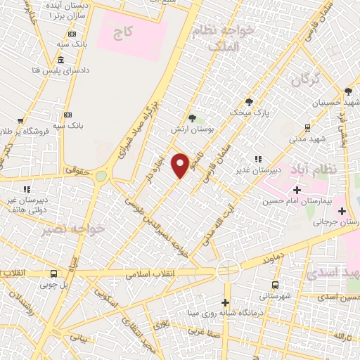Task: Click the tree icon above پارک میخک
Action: click(249, 101)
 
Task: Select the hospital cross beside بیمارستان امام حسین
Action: click(297, 190)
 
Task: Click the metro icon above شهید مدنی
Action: click(307, 127)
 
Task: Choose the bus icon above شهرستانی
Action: click(274, 285)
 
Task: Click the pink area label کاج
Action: click(124, 33)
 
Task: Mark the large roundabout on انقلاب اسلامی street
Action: click(227, 269)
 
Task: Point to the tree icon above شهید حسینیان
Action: click(347, 91)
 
